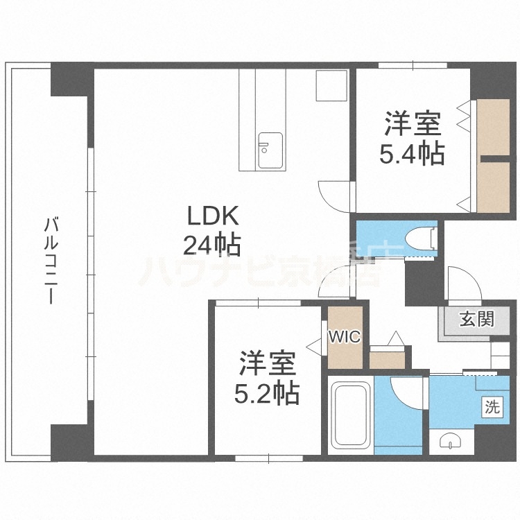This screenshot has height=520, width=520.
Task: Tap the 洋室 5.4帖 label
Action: tap(412, 139)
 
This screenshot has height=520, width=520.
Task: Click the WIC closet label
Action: tap(344, 337)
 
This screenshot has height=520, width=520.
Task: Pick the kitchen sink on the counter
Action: tap(270, 150)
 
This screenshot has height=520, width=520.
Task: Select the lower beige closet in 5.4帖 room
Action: tap(493, 187)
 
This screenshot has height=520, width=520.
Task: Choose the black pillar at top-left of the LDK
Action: tap(71, 82)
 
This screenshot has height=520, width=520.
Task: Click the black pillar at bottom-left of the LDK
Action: tap(71, 441)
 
